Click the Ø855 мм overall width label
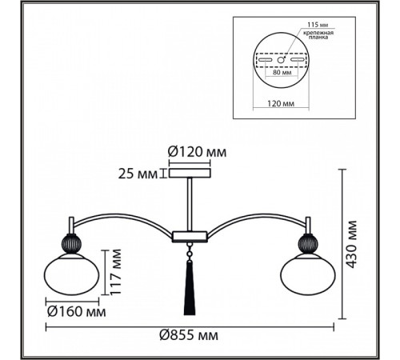[x=189, y=335]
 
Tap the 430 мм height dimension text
[x=352, y=244]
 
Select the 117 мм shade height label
[x=116, y=272]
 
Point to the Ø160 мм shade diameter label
[x=76, y=311]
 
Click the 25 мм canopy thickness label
[x=138, y=174]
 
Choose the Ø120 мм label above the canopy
[x=197, y=152]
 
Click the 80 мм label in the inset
[x=282, y=72]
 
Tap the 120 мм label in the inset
[x=281, y=103]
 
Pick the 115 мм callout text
[x=318, y=25]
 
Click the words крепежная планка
[x=318, y=35]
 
